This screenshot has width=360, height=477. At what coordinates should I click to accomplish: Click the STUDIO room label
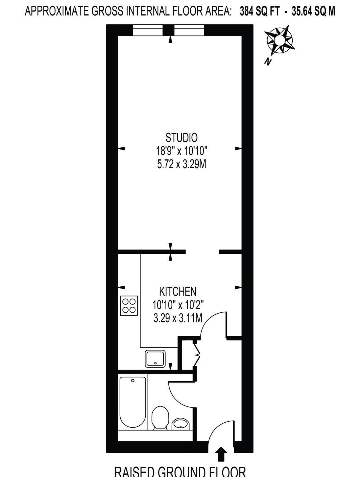point(181,138)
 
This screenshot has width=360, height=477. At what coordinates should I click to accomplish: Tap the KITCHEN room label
point(178,292)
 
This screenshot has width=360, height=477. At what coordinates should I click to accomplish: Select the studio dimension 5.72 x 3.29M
point(181,165)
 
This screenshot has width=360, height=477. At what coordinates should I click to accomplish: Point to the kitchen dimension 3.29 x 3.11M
point(178,318)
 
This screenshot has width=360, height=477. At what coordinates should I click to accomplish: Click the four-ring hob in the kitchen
point(129,306)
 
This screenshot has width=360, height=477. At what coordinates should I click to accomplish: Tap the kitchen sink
point(155,359)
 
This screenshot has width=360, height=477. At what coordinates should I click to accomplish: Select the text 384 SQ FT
point(259,12)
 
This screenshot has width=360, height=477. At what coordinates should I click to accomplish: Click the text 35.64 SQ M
point(313,12)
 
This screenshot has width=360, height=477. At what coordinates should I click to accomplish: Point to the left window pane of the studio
point(148,30)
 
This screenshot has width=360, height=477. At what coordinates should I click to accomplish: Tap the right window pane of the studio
point(189,30)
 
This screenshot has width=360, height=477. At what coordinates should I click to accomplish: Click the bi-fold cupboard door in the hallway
point(197,353)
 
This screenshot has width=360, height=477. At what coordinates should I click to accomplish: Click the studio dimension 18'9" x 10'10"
point(181,151)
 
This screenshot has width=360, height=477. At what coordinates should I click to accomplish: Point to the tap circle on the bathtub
point(133,380)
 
